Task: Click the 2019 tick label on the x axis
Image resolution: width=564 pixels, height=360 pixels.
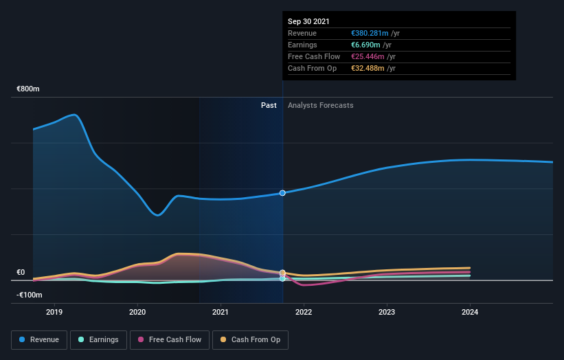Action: [x=54, y=312]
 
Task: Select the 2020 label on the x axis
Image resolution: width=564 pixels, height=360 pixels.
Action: [x=137, y=312]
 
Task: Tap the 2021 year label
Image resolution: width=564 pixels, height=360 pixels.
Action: [x=221, y=312]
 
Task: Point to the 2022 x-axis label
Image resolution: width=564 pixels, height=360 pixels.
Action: [x=304, y=312]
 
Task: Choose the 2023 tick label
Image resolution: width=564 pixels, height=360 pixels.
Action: [x=387, y=312]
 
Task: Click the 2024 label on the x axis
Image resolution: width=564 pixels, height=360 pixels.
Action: [x=470, y=312]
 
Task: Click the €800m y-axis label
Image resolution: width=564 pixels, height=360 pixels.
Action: [x=28, y=89]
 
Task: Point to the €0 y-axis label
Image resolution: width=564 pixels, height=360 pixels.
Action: [x=21, y=272]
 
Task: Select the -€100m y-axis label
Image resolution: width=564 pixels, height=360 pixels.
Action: [x=30, y=295]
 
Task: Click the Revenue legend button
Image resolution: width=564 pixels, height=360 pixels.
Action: [x=40, y=339]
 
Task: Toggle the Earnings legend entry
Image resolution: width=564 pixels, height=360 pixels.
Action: [x=99, y=339]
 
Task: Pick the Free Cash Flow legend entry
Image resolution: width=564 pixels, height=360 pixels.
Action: [x=170, y=339]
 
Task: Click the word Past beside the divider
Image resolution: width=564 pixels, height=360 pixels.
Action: [x=269, y=105]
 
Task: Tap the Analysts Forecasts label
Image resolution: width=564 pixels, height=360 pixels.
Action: [x=321, y=105]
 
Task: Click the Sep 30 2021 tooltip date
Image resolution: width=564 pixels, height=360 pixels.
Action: [x=308, y=21]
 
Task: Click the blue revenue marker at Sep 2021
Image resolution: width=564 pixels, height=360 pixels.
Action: [x=282, y=193]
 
